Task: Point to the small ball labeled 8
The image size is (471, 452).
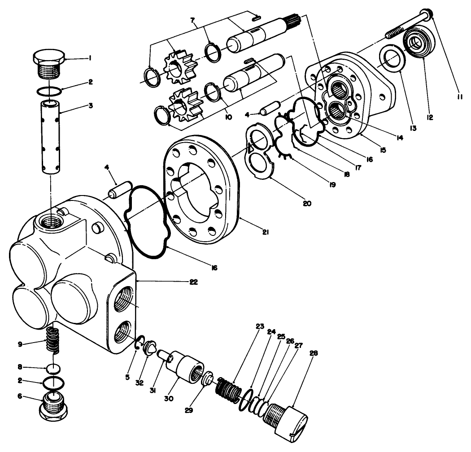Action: [53, 369]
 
